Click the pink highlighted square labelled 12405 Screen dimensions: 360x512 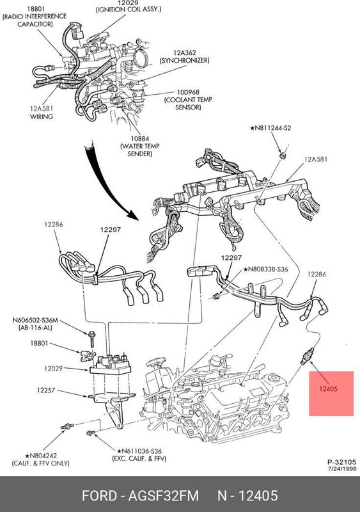click(331, 394)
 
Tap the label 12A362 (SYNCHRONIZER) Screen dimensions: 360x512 click(184, 56)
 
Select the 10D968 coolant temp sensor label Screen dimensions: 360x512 click(188, 100)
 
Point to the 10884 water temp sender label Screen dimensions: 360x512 click(139, 147)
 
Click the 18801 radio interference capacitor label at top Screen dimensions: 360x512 click(35, 17)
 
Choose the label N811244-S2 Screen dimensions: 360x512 click(270, 129)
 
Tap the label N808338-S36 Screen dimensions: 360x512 click(265, 269)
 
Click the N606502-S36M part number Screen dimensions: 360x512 click(35, 321)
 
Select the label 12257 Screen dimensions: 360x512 click(45, 390)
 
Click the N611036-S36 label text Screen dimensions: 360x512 click(139, 451)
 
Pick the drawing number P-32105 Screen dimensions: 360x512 click(341, 462)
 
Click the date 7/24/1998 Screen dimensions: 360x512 click(342, 469)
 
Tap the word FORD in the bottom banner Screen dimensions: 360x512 click(99, 495)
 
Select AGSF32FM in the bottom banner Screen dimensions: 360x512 click(164, 495)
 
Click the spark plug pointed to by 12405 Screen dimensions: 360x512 click(307, 356)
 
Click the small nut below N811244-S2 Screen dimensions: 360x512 click(283, 156)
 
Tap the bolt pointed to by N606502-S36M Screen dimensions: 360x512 click(91, 339)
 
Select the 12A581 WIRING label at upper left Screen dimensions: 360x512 click(42, 113)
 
